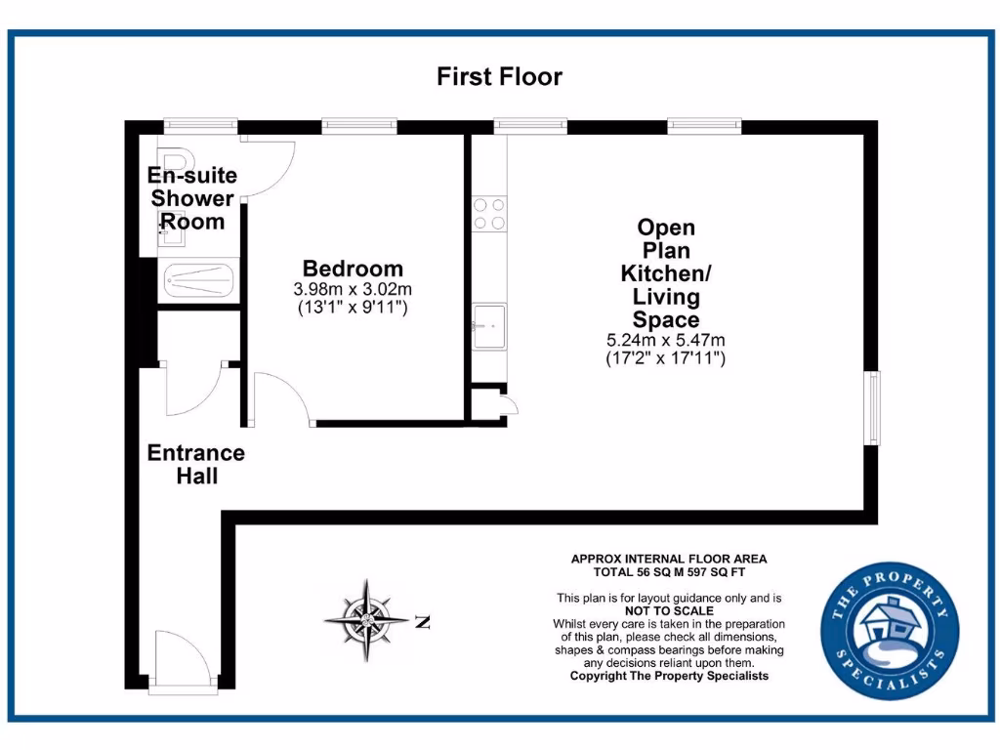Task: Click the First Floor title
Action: coord(499,76)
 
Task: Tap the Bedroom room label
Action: coord(353,269)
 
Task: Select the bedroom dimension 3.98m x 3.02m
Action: coord(353,290)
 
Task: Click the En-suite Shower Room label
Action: coord(192,198)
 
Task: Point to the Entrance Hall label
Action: coord(195,465)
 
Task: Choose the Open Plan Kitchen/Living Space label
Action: coord(666,273)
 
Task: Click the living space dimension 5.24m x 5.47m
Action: coord(666,341)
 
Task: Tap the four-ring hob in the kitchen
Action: coord(489,214)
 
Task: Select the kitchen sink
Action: coord(489,325)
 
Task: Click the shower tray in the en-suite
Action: coord(199,281)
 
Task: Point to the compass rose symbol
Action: coord(366,620)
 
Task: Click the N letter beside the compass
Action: coord(422,621)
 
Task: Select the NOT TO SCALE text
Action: coord(669,610)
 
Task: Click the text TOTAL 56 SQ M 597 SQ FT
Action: coord(669,572)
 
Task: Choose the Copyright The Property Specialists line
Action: coord(669,676)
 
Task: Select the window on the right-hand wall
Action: coord(873,407)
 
